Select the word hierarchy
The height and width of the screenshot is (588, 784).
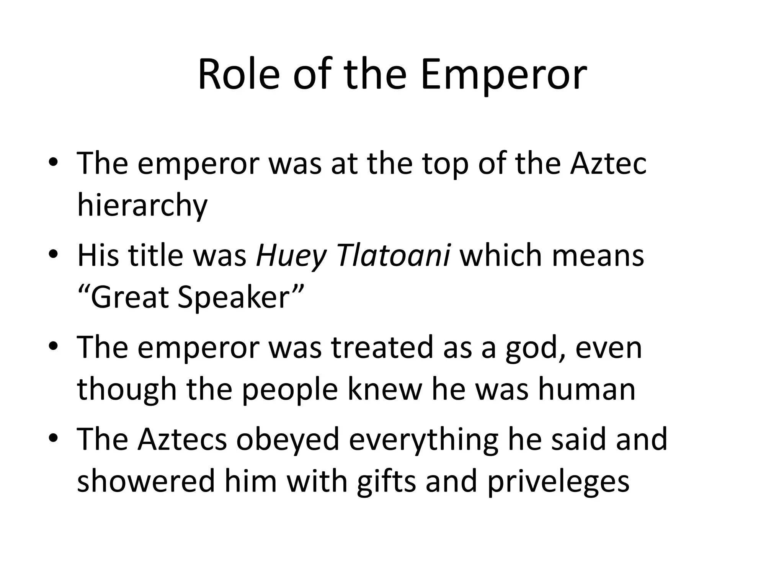[x=142, y=205]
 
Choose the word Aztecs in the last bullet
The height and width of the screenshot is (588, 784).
[x=182, y=439]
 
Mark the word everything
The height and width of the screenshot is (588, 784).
[x=423, y=439]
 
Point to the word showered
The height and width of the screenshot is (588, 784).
[x=146, y=481]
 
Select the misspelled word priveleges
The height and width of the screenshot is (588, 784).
[x=558, y=481]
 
